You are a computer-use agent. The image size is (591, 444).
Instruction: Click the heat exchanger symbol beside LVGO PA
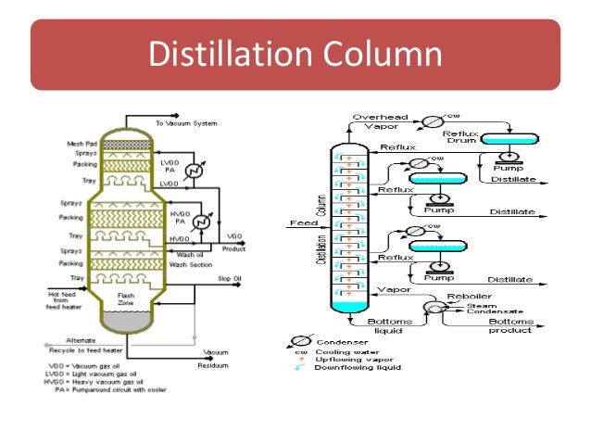click(x=193, y=171)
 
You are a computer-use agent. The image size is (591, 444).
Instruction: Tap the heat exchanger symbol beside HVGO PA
click(x=203, y=223)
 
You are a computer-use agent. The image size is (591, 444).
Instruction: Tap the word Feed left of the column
click(x=305, y=223)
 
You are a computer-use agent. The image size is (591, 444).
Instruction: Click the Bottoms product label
click(x=509, y=324)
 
